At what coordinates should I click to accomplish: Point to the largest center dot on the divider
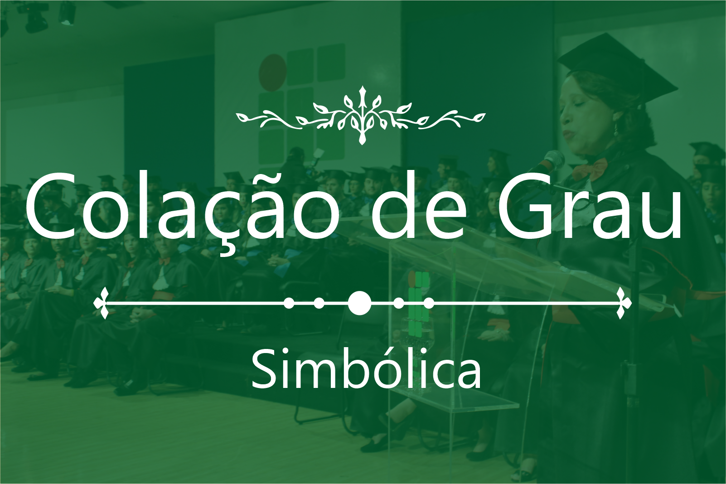(x=359, y=303)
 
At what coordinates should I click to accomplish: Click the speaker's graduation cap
(x=616, y=68)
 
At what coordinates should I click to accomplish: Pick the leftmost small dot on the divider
(x=289, y=303)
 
